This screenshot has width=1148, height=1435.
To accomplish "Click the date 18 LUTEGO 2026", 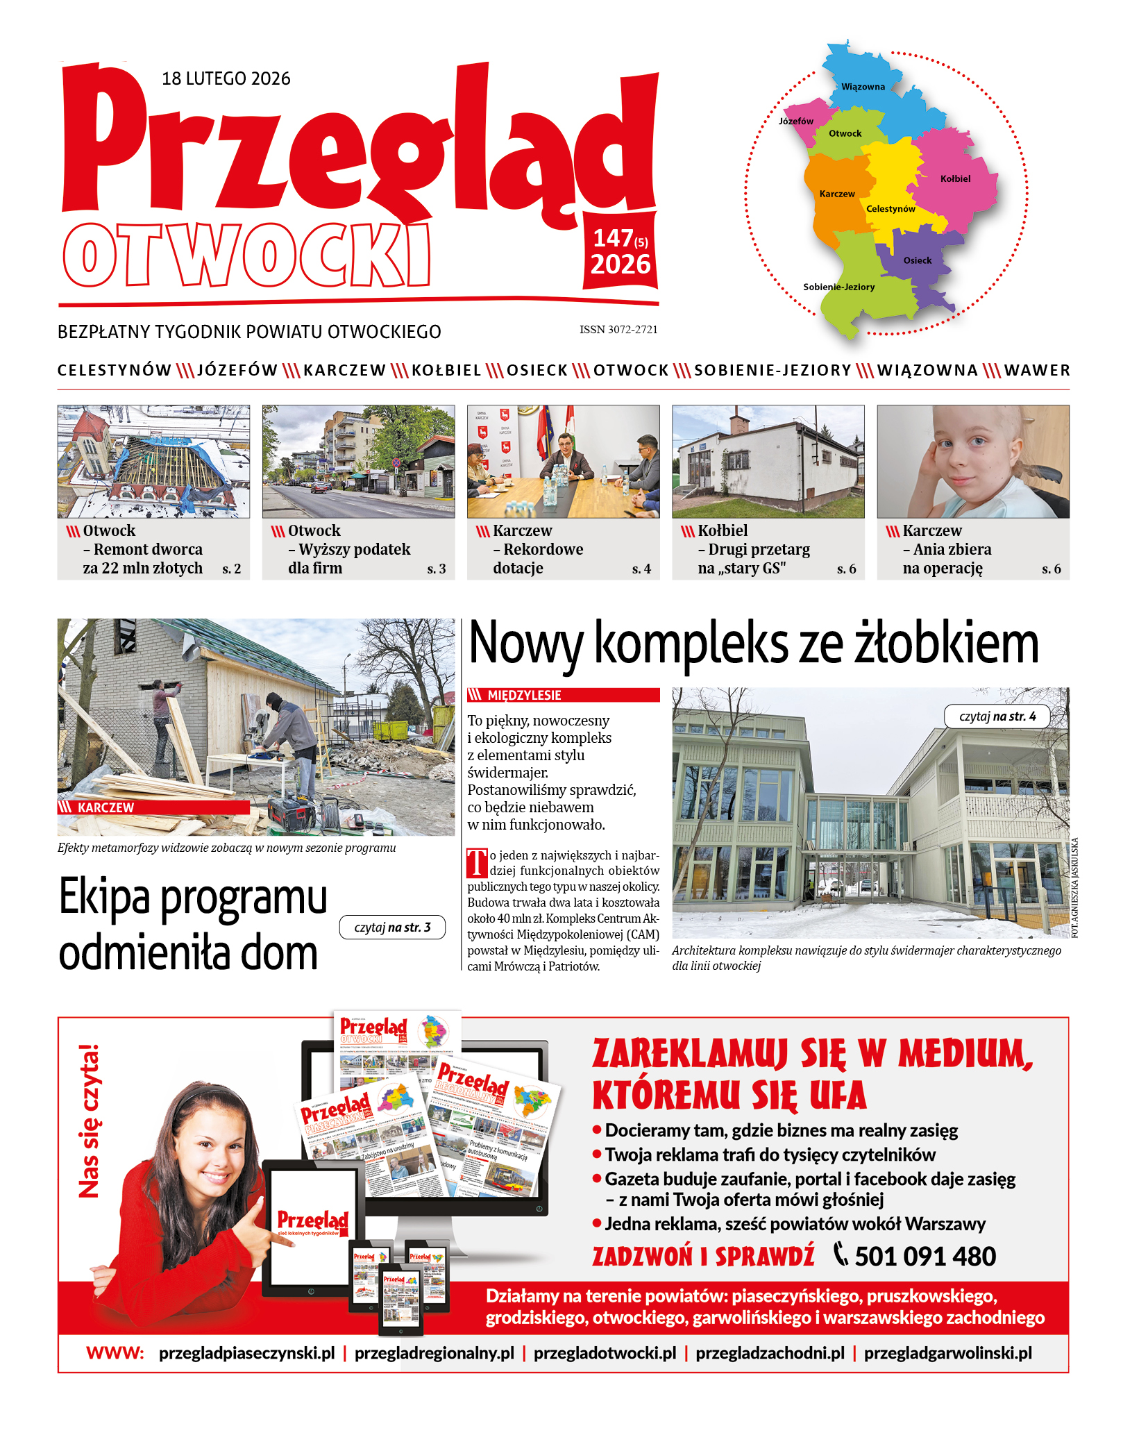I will [x=226, y=78].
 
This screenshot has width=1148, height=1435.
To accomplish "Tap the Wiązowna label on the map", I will [x=863, y=87].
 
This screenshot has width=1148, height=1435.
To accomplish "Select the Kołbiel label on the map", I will [x=955, y=178].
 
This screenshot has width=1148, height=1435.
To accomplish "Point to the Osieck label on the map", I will [x=917, y=260].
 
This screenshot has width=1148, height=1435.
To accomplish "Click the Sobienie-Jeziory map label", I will [x=838, y=287].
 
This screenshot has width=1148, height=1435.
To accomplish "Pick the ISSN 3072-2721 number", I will [x=618, y=330].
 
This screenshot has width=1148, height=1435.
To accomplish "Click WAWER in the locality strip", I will [x=1036, y=371].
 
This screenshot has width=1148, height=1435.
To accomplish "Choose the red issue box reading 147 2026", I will [x=620, y=251].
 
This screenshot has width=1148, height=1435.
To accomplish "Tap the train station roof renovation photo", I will [x=153, y=462].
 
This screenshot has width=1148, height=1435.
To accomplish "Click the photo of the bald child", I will [x=972, y=462].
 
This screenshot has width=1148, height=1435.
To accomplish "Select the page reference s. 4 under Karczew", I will [x=641, y=569].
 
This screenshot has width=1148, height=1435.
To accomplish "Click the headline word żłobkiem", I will [x=946, y=644].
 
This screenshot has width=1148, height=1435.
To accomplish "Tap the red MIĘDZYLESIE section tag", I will [x=563, y=695].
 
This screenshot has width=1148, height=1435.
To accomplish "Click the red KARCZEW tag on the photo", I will [x=153, y=807].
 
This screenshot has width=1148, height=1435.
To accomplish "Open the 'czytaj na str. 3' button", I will [x=392, y=928].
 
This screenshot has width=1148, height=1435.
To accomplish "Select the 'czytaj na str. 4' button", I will [x=997, y=716].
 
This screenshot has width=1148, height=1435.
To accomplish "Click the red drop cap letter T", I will [x=477, y=863].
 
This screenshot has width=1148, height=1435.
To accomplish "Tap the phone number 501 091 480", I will [x=925, y=1257].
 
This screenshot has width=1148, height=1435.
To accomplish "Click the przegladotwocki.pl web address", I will [x=605, y=1353].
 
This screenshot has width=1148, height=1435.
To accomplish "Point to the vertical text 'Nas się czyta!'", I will [x=89, y=1121].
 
